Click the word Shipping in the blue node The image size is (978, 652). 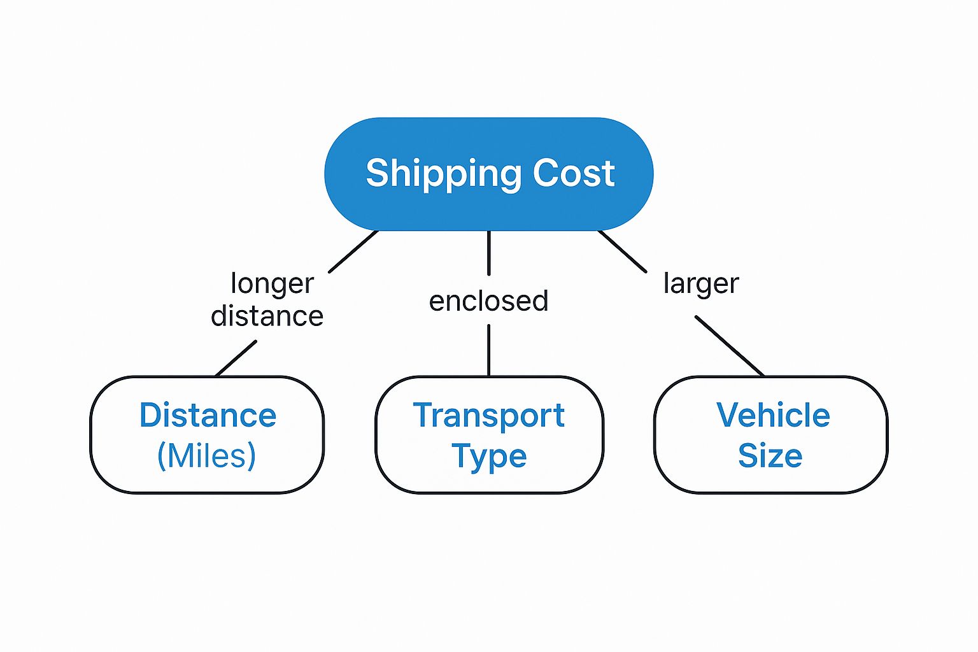(x=444, y=174)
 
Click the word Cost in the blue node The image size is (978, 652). (x=574, y=173)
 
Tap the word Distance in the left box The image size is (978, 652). (x=208, y=415)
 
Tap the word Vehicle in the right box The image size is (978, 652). (x=773, y=415)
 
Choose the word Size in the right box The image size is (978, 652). (x=770, y=456)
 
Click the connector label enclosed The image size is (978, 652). (x=488, y=301)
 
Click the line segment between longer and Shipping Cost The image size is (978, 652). (x=353, y=252)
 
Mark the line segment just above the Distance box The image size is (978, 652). (x=236, y=358)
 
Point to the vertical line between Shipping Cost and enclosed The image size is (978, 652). (x=488, y=253)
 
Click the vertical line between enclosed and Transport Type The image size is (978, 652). (x=488, y=350)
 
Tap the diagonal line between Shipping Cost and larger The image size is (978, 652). (x=623, y=252)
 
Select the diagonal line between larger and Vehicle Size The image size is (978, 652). (x=730, y=346)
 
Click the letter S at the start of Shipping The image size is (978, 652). (x=378, y=173)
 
